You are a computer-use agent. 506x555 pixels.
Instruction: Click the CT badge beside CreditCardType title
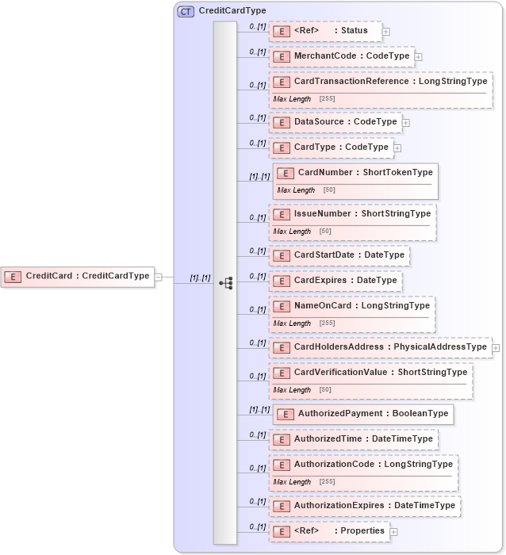pyautogui.click(x=186, y=11)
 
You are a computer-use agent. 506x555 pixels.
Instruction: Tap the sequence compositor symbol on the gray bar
pyautogui.click(x=225, y=282)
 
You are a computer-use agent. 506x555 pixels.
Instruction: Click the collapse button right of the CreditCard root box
pyautogui.click(x=158, y=277)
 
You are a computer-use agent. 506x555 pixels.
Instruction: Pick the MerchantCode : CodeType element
pyautogui.click(x=340, y=57)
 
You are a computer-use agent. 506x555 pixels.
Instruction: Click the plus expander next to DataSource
pyautogui.click(x=405, y=123)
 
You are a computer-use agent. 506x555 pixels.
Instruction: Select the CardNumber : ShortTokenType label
pyautogui.click(x=365, y=173)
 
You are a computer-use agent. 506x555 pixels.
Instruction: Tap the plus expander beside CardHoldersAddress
pyautogui.click(x=496, y=347)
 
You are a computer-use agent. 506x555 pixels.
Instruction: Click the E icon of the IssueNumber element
pyautogui.click(x=281, y=215)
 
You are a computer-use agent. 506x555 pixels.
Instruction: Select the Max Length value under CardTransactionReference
pyautogui.click(x=326, y=99)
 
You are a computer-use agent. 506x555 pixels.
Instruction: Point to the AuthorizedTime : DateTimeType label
pyautogui.click(x=363, y=439)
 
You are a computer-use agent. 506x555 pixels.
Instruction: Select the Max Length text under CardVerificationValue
pyautogui.click(x=292, y=390)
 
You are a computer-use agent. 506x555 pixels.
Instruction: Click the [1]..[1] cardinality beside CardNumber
pyautogui.click(x=259, y=177)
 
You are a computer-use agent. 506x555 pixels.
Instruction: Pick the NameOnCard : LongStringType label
pyautogui.click(x=362, y=306)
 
